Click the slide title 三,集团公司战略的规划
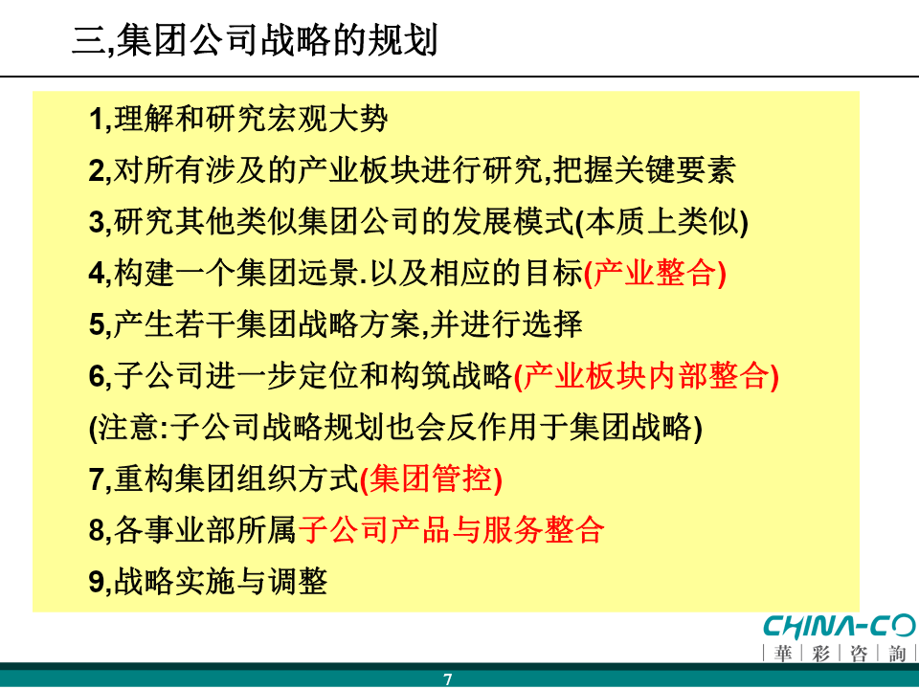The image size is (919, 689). click(255, 40)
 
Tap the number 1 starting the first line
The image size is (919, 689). click(97, 119)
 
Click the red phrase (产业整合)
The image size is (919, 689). click(655, 273)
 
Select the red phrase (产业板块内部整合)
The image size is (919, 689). click(646, 376)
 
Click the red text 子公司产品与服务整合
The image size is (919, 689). click(451, 530)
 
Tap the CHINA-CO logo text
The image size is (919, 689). click(840, 627)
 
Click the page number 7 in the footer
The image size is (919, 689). click(448, 679)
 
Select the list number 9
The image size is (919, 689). click(97, 582)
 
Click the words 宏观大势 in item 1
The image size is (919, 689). click(327, 119)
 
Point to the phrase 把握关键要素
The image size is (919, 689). click(644, 170)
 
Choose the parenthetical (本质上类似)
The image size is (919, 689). click(662, 222)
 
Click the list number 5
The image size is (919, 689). click(97, 324)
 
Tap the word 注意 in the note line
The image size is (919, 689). click(127, 427)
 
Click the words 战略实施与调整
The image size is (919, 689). click(220, 582)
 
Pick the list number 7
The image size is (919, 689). click(97, 479)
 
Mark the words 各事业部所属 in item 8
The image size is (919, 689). click(205, 530)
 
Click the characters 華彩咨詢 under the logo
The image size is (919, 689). click(840, 653)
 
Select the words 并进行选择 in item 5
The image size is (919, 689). click(506, 324)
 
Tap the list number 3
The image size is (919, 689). click(97, 222)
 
